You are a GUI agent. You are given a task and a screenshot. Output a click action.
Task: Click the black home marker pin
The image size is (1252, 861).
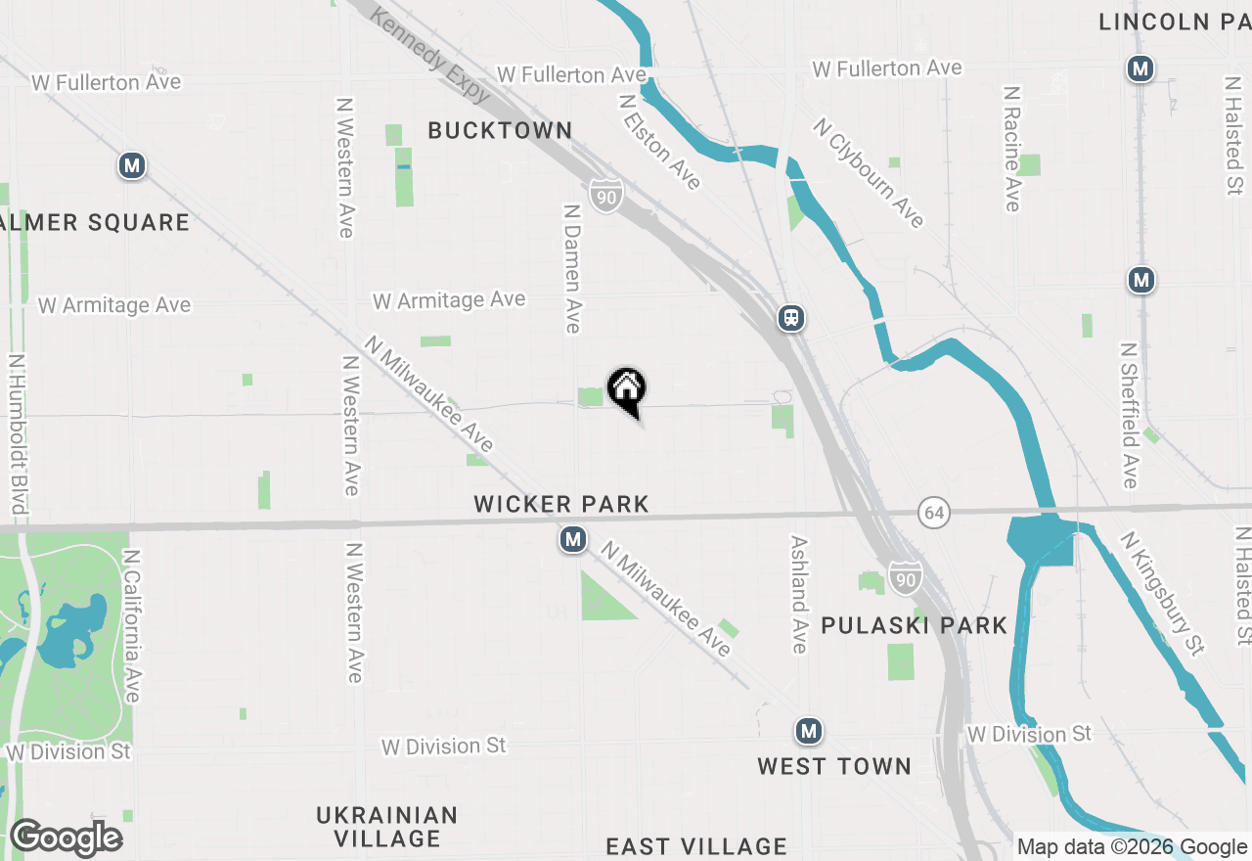[627, 389]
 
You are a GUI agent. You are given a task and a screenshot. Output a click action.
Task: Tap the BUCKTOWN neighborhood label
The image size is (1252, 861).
[500, 130]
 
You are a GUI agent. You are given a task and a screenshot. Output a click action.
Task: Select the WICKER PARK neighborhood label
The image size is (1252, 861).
[561, 504]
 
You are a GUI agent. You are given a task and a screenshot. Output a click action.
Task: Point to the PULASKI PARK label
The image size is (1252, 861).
[915, 625]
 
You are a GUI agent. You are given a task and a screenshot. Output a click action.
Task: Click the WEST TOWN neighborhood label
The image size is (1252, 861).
[834, 766]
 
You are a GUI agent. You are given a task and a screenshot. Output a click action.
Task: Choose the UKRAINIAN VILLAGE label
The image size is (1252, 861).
[387, 827]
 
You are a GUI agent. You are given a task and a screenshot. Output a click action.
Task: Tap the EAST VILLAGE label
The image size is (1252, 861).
[696, 846]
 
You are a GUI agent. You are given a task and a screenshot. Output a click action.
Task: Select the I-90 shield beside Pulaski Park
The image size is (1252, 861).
[905, 578]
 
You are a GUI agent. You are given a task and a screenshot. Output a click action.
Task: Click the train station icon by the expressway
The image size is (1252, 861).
[791, 317]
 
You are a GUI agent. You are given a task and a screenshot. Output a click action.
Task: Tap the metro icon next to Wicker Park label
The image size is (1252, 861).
[573, 539]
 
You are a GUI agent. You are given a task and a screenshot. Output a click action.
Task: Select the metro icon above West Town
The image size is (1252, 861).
[808, 731]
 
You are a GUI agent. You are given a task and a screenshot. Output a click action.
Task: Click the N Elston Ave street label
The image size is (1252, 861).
[660, 141]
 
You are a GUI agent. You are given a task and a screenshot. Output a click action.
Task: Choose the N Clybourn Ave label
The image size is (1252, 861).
[868, 173]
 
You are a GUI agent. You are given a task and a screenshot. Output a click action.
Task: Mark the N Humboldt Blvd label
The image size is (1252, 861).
[17, 433]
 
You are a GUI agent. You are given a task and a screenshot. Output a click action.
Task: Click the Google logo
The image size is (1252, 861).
[66, 838]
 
